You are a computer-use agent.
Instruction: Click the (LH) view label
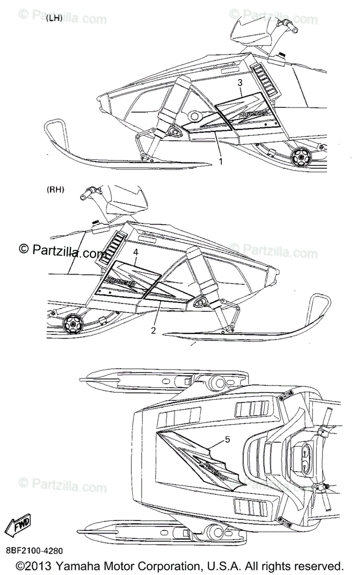(55, 19)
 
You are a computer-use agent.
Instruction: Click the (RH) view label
(56, 190)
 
